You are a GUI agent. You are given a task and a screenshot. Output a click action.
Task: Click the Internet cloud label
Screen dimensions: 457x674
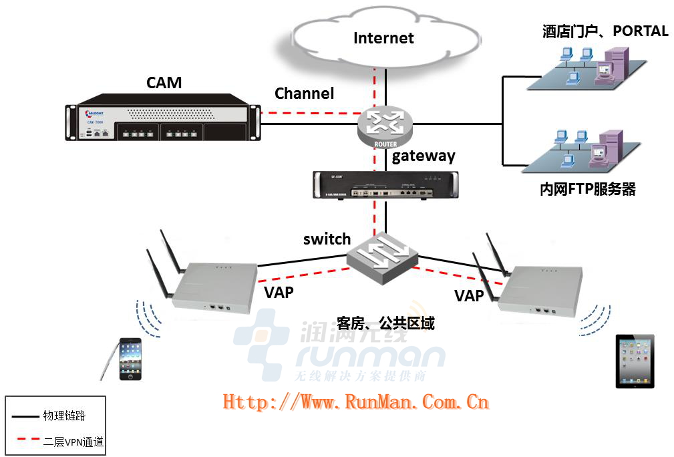383,38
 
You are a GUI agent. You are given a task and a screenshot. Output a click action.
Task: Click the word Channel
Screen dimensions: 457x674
304,94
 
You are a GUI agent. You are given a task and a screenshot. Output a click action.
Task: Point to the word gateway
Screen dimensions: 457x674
424,156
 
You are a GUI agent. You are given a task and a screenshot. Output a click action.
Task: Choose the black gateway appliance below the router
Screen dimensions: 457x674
386,184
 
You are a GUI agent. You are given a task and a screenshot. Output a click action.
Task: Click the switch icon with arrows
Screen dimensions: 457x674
383,257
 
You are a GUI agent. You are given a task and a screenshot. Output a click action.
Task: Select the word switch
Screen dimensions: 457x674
327,239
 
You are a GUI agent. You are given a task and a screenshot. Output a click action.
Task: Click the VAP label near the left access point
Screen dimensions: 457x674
279,292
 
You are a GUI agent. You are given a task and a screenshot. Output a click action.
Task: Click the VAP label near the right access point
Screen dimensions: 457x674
469,295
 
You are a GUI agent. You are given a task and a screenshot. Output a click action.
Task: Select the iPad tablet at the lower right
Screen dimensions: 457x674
635,361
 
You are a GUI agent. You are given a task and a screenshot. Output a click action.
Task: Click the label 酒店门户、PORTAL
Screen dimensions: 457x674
605,31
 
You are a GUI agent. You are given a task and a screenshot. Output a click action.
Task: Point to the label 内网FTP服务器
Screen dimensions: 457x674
587,190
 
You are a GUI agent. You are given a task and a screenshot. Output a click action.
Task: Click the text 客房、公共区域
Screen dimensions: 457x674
385,323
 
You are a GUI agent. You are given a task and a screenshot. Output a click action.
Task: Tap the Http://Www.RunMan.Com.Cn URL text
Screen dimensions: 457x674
355,402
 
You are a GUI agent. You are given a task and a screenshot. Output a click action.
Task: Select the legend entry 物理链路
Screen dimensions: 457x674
65,416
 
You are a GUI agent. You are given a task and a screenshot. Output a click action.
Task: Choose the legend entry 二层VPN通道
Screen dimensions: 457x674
73,442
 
